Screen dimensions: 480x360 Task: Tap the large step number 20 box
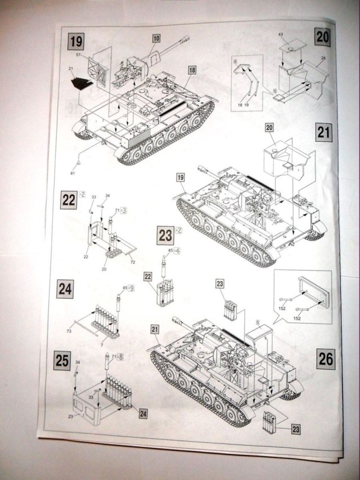(322, 38)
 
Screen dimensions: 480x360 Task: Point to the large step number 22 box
(69, 200)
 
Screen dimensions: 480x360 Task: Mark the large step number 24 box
(65, 289)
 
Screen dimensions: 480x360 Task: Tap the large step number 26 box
(326, 358)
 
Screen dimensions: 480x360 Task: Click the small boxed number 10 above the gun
(156, 38)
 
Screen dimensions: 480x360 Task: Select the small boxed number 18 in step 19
(192, 70)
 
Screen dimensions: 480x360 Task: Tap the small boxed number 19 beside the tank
(181, 178)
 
